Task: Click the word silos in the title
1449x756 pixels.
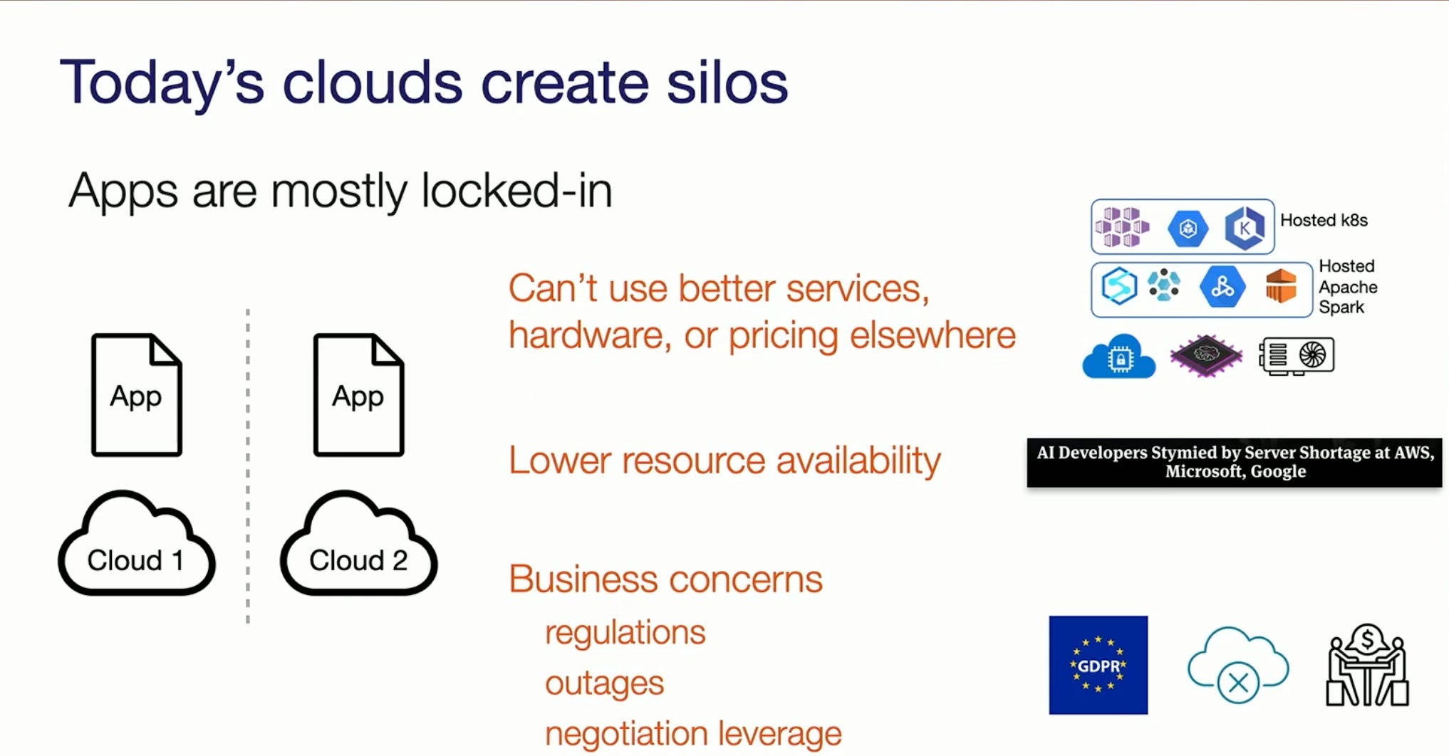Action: click(727, 83)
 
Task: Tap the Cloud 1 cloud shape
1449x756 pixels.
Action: click(136, 545)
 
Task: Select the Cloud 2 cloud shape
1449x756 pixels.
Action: click(358, 545)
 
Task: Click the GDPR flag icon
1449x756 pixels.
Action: click(1098, 665)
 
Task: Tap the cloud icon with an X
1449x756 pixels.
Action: click(1237, 665)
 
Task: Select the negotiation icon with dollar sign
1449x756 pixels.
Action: click(1367, 665)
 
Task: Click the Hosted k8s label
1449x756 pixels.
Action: click(1324, 220)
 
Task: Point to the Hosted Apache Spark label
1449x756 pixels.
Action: click(1347, 286)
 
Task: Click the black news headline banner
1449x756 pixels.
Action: click(1235, 462)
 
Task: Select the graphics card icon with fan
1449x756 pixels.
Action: click(1297, 355)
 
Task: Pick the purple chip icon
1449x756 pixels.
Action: click(1205, 355)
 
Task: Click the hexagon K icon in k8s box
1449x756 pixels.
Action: click(1244, 228)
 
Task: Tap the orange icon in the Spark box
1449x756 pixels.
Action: click(1280, 286)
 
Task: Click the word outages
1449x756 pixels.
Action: click(604, 683)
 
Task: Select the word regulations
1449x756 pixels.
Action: click(625, 632)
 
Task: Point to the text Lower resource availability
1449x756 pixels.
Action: click(724, 461)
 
